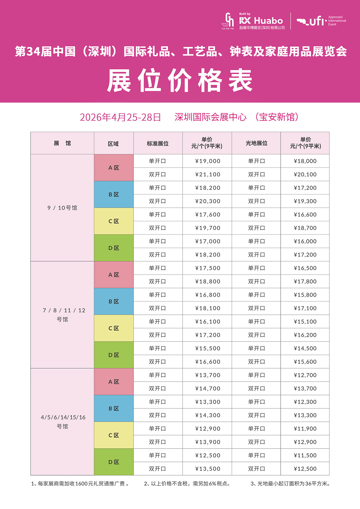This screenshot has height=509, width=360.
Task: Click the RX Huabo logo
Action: pyautogui.click(x=261, y=21)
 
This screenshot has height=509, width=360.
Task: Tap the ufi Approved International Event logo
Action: pyautogui.click(x=321, y=21)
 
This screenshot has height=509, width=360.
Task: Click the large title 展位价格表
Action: pyautogui.click(x=180, y=81)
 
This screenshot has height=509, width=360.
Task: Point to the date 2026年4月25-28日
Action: pyautogui.click(x=120, y=117)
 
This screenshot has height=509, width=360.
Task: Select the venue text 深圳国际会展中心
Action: pyautogui.click(x=210, y=117)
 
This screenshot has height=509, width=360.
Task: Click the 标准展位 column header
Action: pyautogui.click(x=158, y=144)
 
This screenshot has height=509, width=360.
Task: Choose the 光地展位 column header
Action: pyautogui.click(x=256, y=144)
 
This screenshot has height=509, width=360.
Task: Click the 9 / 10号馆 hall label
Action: pyautogui.click(x=62, y=208)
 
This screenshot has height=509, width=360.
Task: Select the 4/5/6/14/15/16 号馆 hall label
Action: pyautogui.click(x=63, y=421)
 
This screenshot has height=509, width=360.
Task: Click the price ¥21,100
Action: pyautogui.click(x=208, y=174)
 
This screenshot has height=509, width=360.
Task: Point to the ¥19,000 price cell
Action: pyautogui.click(x=208, y=161)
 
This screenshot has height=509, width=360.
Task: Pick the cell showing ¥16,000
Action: pyautogui.click(x=305, y=241)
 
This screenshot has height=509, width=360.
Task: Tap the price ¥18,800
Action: pyautogui.click(x=208, y=281)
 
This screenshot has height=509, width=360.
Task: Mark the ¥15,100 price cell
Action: pyautogui.click(x=305, y=322)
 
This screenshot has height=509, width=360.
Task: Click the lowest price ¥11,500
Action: pyautogui.click(x=305, y=455)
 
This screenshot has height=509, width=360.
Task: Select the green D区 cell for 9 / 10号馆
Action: pyautogui.click(x=114, y=248)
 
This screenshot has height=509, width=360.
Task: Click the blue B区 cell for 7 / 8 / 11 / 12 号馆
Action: pyautogui.click(x=114, y=301)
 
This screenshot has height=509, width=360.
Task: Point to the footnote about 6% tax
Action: pyautogui.click(x=187, y=484)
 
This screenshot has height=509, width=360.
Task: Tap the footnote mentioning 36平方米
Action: pyautogui.click(x=290, y=484)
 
